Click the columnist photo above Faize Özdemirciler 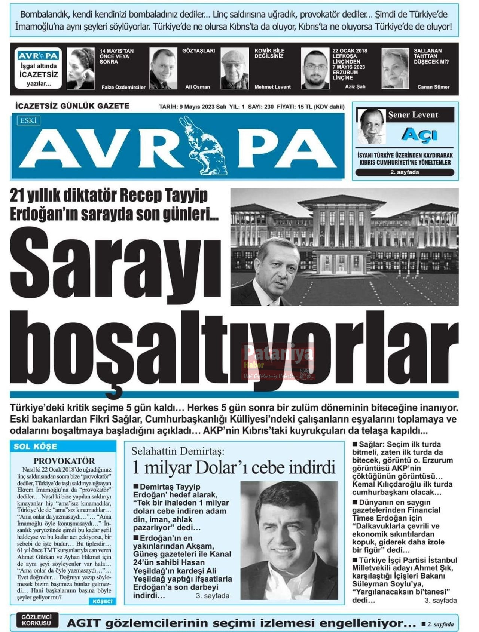pos(81,68)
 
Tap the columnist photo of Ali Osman pos(163,68)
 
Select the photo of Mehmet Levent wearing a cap pos(235,68)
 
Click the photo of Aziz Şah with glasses pos(315,68)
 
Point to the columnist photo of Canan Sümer pos(395,68)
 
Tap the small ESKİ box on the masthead pos(28,120)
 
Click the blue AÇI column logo pos(419,135)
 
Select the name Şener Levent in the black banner pos(413,115)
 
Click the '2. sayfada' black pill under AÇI pos(405,172)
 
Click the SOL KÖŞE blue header pos(36,446)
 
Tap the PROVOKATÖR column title pos(64,461)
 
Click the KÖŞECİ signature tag pos(102,601)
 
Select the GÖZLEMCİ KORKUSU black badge pos(36,620)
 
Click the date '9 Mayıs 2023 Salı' pos(203,107)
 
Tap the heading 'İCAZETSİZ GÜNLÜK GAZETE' pos(72,106)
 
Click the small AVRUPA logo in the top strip pos(38,56)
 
